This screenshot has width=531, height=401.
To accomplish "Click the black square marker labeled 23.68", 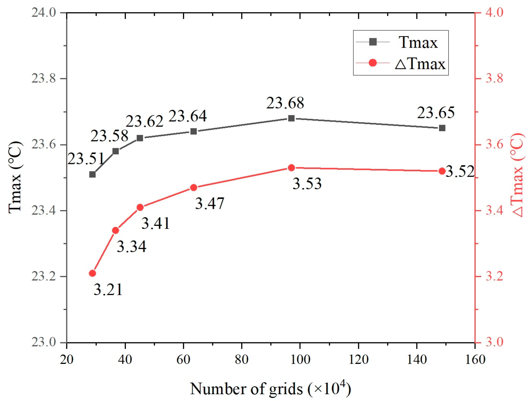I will (x=291, y=118).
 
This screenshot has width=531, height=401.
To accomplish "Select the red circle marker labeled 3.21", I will (x=92, y=273).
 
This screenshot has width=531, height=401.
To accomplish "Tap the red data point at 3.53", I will (x=291, y=168).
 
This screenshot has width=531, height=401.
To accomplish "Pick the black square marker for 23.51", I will (x=92, y=174).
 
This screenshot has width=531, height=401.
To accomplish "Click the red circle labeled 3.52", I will (x=442, y=171).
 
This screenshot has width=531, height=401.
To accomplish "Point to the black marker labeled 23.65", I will (x=442, y=128).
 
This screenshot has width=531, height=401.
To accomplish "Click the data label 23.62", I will (x=145, y=121).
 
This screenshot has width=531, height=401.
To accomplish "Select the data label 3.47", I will (x=210, y=203).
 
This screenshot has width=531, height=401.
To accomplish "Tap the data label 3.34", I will (x=131, y=246).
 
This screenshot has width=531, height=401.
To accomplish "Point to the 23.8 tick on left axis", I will (x=43, y=78).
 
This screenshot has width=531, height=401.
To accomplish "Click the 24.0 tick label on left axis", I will (x=43, y=13).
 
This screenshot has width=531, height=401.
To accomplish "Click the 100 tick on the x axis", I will (x=300, y=359).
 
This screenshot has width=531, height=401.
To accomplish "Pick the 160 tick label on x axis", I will (x=475, y=359).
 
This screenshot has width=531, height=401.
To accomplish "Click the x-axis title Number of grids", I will (x=270, y=388).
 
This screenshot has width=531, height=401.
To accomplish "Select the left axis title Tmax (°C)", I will (x=15, y=177).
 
